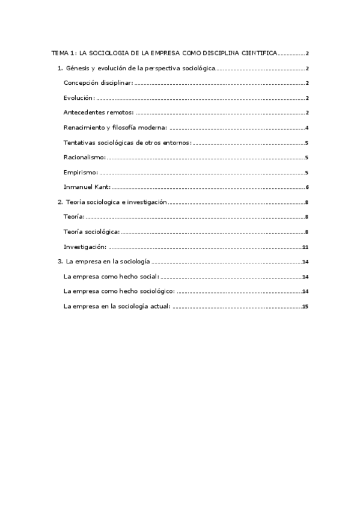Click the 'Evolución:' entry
click(79, 98)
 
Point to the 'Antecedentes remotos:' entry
click(98, 112)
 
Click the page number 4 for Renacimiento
click(307, 127)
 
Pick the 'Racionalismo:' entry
click(85, 157)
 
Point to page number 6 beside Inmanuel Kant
click(307, 187)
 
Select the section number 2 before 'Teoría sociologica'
click(59, 201)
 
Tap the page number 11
click(305, 247)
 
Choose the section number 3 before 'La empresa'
click(59, 262)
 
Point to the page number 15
click(305, 306)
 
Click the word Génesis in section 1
click(77, 69)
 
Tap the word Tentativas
click(81, 143)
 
